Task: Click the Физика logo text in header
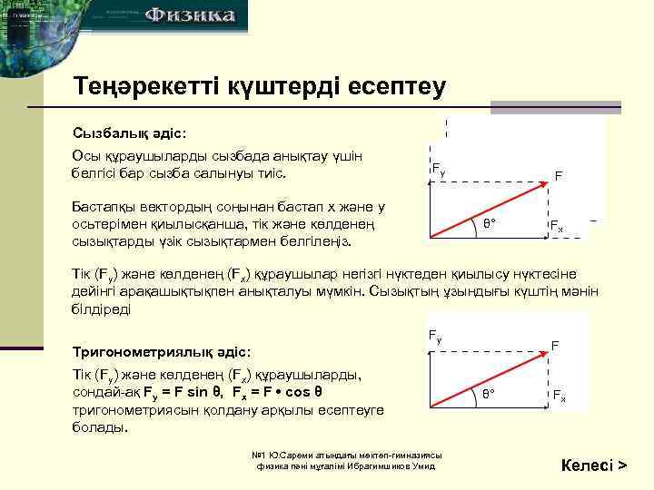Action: tap(191, 15)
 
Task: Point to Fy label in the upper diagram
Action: tap(438, 169)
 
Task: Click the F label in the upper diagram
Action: tap(559, 177)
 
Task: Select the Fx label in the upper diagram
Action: tap(556, 225)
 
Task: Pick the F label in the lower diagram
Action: tap(555, 346)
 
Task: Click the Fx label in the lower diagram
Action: tap(559, 396)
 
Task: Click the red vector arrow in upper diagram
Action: tap(490, 209)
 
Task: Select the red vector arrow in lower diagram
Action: tap(490, 379)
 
